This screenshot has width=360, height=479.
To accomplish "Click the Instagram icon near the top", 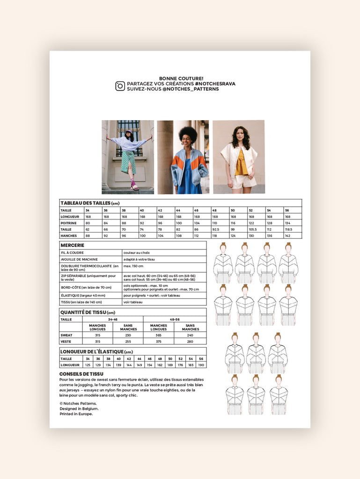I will pyautogui.click(x=120, y=86).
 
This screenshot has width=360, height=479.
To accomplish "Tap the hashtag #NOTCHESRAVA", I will pyautogui.click(x=215, y=84).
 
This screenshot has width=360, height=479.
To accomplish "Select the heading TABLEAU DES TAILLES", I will pyautogui.click(x=86, y=203).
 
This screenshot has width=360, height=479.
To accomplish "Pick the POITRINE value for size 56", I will pyautogui.click(x=293, y=223).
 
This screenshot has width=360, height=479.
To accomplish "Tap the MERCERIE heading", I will pyautogui.click(x=73, y=245).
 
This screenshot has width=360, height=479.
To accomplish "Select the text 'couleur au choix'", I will pyautogui.click(x=136, y=253).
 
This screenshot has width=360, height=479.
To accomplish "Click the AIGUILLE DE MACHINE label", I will pyautogui.click(x=80, y=259).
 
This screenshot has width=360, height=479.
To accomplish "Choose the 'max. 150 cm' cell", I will pyautogui.click(x=134, y=266).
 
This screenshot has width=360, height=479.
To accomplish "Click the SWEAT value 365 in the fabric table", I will pyautogui.click(x=159, y=335).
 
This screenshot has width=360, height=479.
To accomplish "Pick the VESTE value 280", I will pyautogui.click(x=190, y=341).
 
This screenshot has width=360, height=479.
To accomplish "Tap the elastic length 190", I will pyautogui.click(x=201, y=365).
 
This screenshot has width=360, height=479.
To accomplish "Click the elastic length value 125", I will pyautogui.click(x=88, y=365).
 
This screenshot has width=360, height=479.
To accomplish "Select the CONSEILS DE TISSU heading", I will pyautogui.click(x=81, y=374).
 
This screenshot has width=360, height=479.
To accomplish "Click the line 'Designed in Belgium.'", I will pyautogui.click(x=79, y=408).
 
